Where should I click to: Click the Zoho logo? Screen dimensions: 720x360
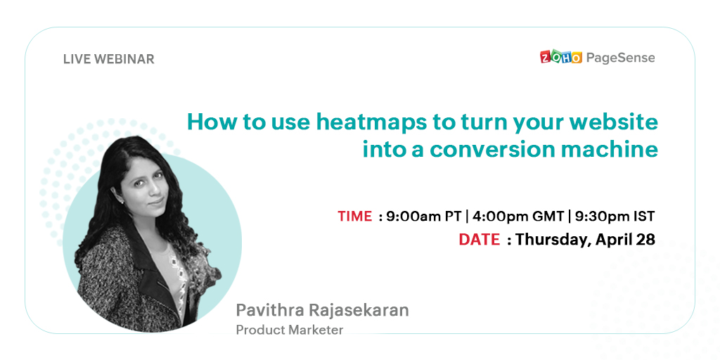[560, 57]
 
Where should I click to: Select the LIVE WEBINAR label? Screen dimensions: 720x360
[109, 59]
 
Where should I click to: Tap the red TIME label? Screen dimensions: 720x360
[355, 216]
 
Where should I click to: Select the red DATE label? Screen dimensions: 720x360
[479, 239]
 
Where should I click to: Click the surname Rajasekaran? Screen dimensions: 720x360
[359, 310]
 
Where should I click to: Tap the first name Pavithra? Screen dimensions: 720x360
[270, 310]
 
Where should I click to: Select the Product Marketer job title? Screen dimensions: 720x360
[289, 330]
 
